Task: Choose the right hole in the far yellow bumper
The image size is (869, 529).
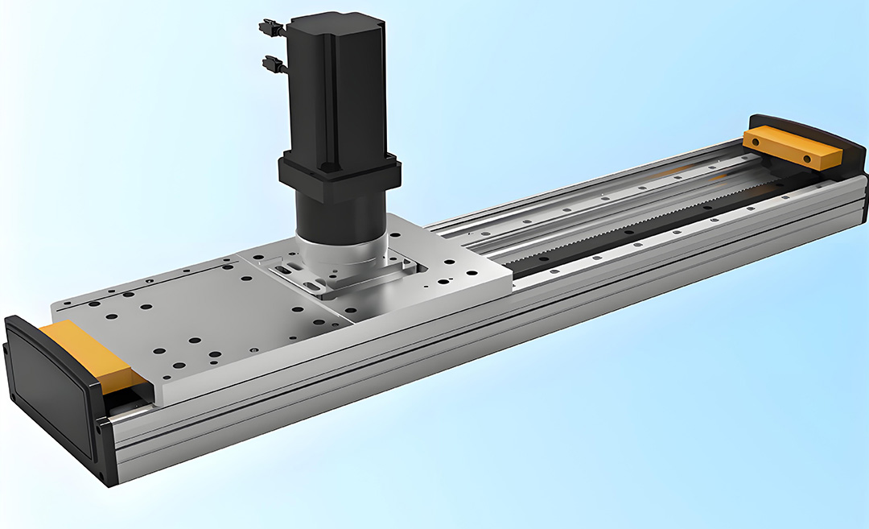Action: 808,159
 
